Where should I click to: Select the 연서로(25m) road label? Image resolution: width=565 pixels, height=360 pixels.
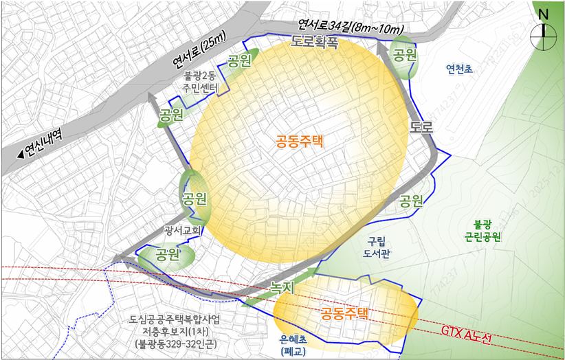pyautogui.click(x=199, y=53)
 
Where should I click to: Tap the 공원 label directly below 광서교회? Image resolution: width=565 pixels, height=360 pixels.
pyautogui.click(x=168, y=256)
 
